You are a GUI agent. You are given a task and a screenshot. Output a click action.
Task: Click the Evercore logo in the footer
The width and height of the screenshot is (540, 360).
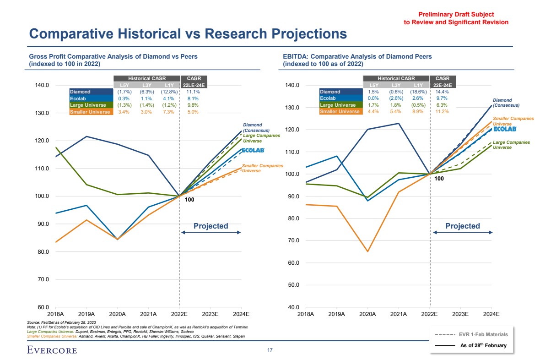(51, 350)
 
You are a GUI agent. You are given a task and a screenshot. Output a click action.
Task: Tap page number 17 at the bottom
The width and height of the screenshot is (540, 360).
(270, 350)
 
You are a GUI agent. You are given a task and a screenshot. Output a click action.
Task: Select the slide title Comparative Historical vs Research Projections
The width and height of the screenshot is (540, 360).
(188, 33)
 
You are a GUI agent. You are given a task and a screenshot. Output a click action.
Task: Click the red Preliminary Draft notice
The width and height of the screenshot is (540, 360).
(455, 18)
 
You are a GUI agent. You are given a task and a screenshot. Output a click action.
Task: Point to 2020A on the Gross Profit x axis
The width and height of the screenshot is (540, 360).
(117, 314)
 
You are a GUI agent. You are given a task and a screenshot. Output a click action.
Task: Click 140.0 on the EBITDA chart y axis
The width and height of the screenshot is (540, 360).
(292, 85)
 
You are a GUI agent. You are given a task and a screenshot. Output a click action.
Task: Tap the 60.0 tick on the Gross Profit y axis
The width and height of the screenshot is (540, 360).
(42, 307)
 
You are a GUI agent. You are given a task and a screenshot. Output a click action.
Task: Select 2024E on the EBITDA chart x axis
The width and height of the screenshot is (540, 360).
(491, 314)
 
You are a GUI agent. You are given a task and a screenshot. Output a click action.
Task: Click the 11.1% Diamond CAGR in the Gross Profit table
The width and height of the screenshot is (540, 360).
(194, 92)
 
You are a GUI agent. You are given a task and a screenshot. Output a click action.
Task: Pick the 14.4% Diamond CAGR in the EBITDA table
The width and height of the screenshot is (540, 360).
(443, 92)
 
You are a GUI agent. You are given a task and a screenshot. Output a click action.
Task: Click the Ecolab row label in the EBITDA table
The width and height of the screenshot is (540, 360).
(328, 98)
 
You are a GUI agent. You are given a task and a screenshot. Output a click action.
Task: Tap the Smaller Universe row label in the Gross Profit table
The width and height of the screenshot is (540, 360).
(90, 112)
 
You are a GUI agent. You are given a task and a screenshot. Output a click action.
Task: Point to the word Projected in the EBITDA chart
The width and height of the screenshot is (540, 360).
(462, 226)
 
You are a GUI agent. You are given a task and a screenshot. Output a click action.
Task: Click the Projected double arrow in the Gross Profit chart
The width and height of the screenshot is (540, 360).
(211, 233)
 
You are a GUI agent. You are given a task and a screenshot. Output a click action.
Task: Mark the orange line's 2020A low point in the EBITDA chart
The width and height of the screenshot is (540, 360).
(367, 251)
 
